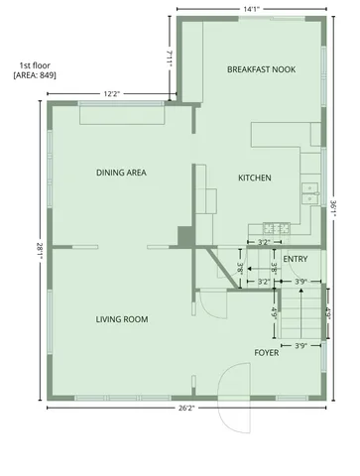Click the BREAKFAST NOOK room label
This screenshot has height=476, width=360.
262,69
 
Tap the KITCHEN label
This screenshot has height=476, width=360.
254,178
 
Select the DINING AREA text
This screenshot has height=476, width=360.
122,173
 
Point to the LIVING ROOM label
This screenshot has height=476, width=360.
122,319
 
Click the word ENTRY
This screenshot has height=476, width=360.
295,260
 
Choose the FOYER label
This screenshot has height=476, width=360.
266,352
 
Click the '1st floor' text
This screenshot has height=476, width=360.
33,63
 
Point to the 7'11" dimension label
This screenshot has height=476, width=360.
170,59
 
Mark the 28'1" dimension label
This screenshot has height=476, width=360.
36,252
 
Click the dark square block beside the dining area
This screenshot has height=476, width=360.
184,236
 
